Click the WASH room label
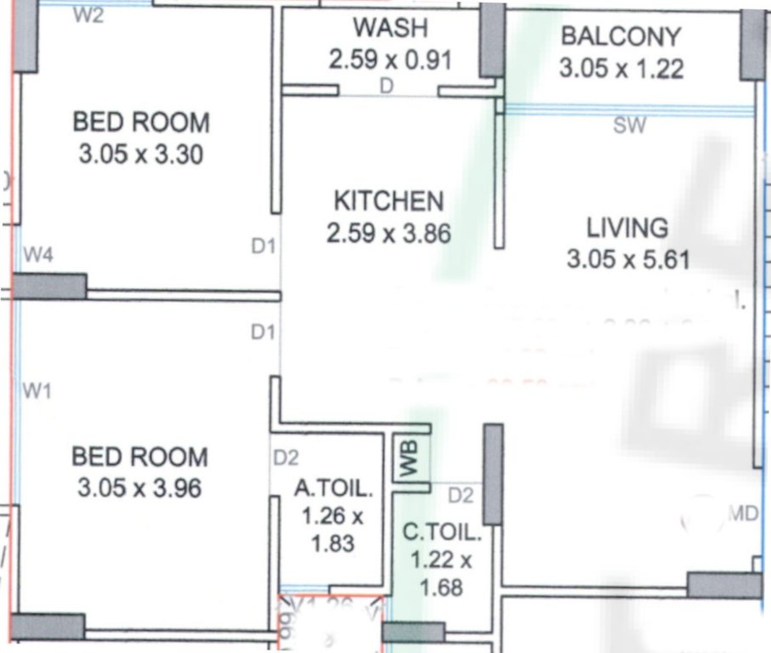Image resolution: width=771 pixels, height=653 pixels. point(390,28)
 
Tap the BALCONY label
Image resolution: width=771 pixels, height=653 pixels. point(621,37)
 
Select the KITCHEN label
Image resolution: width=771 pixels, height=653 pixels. point(388,202)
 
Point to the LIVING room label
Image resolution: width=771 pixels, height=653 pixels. point(627,228)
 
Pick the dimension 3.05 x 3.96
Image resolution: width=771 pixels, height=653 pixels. point(139,489)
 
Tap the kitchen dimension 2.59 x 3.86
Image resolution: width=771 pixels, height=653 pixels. point(388,233)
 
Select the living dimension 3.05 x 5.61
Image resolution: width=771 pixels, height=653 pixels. point(628,259)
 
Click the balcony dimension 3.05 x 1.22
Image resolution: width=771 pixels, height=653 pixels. point(621,68)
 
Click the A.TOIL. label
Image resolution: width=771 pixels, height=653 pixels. point(333,489)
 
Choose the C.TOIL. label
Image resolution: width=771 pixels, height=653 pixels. point(441,535)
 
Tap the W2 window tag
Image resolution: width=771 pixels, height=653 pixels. point(89,15)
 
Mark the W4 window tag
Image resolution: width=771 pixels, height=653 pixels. point(39,253)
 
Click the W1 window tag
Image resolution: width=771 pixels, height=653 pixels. point(37,391)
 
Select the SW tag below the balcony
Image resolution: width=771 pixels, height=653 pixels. point(630,127)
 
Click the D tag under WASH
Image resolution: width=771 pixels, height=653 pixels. point(387,86)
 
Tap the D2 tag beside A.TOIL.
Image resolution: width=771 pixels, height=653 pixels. point(286,458)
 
